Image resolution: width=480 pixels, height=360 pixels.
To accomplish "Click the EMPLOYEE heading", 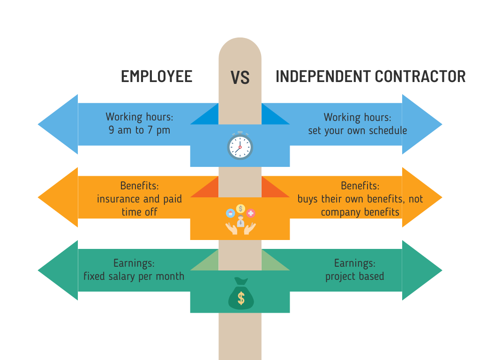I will coord(157,76).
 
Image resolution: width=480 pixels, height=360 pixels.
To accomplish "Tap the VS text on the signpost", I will coord(240,78).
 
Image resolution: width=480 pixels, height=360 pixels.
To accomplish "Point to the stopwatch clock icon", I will coord(240,146).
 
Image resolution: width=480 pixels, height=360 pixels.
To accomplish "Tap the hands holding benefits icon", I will coord(240,220).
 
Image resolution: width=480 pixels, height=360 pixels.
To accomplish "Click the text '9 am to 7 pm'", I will coord(139,130).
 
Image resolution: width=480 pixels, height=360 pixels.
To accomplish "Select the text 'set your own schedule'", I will coord(357,130).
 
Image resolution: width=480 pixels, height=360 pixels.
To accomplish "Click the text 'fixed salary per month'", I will coord(134,276).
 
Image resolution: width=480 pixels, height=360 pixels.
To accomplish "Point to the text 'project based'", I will coord(354,276).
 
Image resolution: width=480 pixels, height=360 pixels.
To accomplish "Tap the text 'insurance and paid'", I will coord(139,199).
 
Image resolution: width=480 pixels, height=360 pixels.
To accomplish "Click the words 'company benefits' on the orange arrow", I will coord(360,212).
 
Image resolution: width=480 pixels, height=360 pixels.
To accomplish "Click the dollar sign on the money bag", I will coord(241,298).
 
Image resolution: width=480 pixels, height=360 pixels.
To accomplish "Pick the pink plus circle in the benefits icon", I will coord(251,213).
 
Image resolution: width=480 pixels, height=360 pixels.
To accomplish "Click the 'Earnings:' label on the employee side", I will coord(134,263).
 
